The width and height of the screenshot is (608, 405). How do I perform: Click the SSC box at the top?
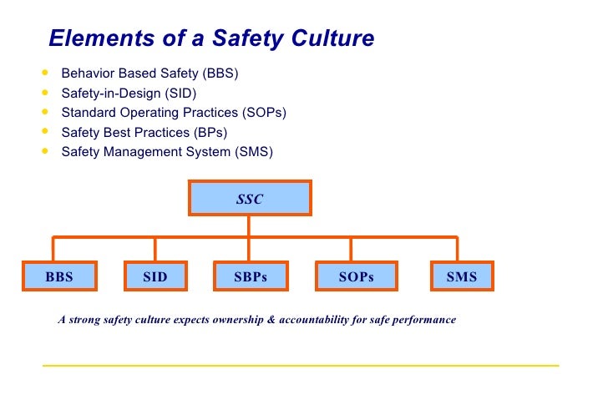[x=251, y=200]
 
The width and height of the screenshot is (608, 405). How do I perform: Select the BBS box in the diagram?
[x=59, y=277]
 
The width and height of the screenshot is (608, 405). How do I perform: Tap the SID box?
[x=155, y=277]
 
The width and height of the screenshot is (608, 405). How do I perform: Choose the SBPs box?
[x=251, y=277]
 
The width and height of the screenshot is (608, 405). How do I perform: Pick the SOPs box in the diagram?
[x=356, y=277]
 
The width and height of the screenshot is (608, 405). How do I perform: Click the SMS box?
[x=461, y=277]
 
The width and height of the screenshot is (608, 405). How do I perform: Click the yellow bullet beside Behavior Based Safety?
[x=44, y=73]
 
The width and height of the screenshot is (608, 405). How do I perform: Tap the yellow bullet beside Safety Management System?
[x=44, y=151]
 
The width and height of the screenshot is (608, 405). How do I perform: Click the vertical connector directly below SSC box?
[x=251, y=226]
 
